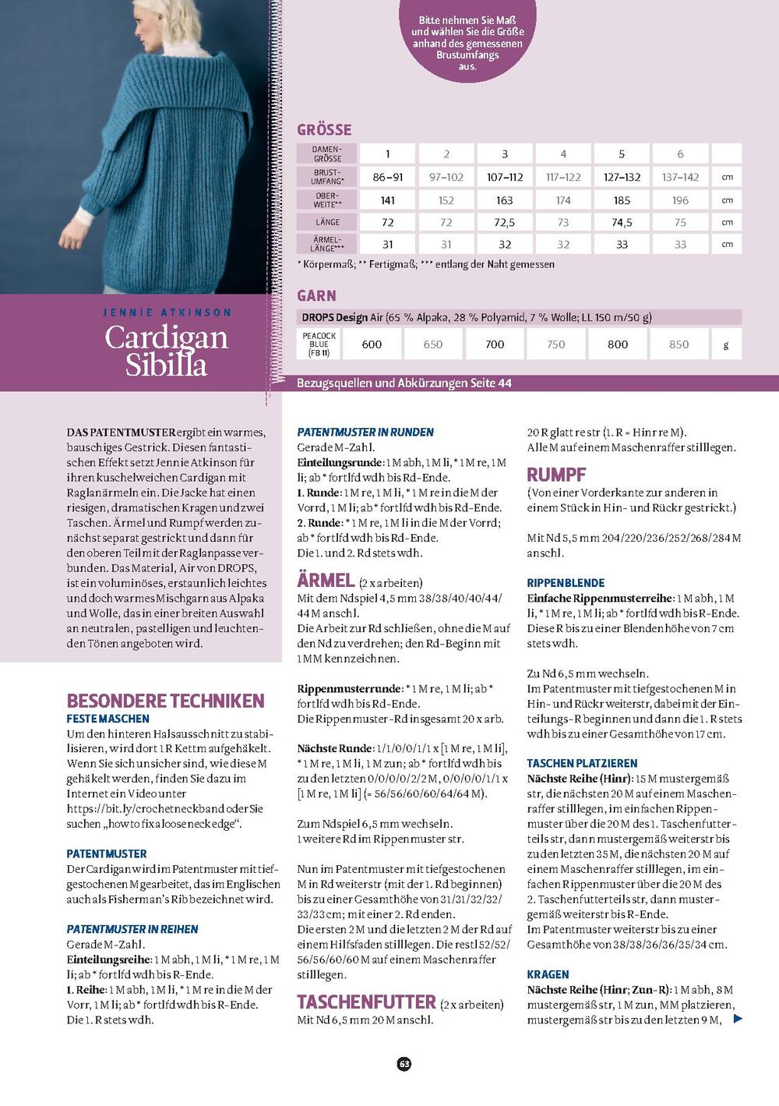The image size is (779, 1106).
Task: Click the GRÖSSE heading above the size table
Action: [324, 130]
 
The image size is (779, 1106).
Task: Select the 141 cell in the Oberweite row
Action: [388, 200]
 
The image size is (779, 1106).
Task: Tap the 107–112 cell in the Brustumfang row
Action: [505, 177]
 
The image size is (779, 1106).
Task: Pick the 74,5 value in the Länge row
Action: [622, 222]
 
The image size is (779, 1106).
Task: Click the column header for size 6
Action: [680, 154]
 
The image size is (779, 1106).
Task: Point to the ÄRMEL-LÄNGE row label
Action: [327, 244]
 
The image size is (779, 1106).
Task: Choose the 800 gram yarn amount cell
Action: [618, 344]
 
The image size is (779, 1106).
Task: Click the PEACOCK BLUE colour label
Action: [319, 344]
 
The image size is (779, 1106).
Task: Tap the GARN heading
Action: [316, 296]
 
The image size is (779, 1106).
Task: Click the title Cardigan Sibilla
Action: [166, 351]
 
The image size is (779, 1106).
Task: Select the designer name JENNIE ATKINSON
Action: [167, 313]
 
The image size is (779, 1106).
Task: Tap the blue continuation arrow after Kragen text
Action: [738, 1019]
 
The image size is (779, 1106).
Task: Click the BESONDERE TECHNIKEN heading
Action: [165, 701]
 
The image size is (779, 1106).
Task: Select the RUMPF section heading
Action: [556, 475]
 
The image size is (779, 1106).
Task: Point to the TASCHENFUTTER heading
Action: [366, 1002]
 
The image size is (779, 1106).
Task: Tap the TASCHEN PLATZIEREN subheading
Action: [582, 763]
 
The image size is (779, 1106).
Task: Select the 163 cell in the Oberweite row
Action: [505, 200]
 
